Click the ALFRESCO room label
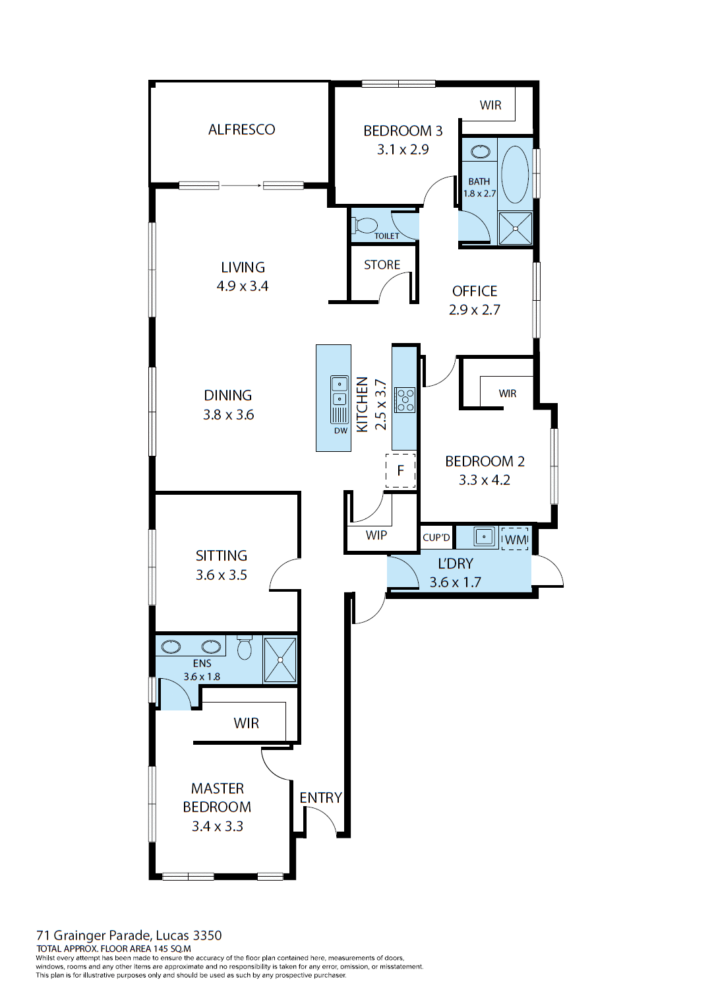(241, 129)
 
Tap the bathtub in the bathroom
(515, 174)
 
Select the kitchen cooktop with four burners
(405, 400)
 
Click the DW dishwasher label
(340, 431)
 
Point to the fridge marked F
(400, 471)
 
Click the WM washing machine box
(515, 539)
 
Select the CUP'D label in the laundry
(436, 538)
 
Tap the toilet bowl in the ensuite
(245, 648)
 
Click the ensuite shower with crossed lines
(280, 659)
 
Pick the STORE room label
(382, 265)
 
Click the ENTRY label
(320, 798)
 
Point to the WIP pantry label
(376, 535)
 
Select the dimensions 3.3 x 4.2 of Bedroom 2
(485, 480)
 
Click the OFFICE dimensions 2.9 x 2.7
(475, 309)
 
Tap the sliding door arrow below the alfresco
(241, 185)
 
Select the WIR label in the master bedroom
(246, 723)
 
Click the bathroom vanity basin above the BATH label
(481, 152)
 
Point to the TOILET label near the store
(387, 235)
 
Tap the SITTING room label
(222, 555)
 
